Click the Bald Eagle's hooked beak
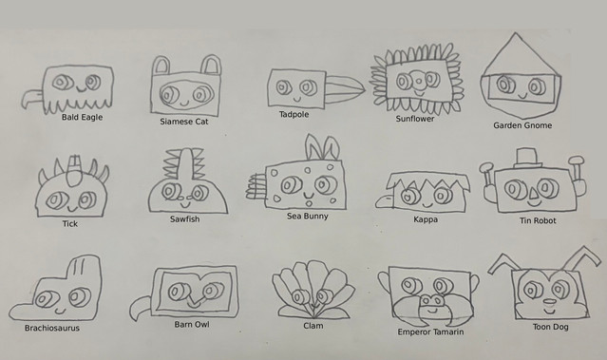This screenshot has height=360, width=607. pos(31,98)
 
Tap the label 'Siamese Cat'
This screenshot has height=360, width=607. pos(184,122)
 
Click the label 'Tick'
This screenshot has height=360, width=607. pos(70,224)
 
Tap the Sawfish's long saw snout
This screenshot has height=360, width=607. pos(185,165)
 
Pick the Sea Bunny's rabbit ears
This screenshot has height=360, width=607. pos(322,147)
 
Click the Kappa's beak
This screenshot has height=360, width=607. pos(385,200)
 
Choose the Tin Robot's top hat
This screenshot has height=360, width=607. pos(526,158)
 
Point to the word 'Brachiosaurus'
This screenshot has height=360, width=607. pos(52,328)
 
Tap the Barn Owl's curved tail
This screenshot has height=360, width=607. pos(139,308)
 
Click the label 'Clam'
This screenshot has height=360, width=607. pos(313,326)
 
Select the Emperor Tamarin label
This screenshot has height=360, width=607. pos(430,332)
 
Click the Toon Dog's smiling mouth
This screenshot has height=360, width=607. pos(549,311)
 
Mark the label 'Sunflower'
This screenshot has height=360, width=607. pos(414,119)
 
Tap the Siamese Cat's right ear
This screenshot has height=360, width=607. pos(212,65)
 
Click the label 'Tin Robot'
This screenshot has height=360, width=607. pos(538,220)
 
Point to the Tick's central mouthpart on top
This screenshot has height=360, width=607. pos(74,170)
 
